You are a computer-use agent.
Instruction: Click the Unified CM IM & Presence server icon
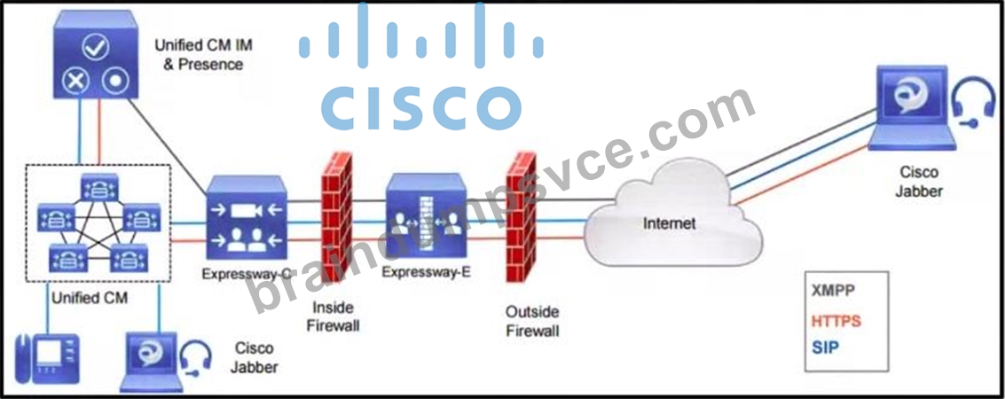[x=96, y=55]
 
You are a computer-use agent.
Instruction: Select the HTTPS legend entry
[x=836, y=319]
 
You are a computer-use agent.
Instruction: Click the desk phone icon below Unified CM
[x=47, y=358]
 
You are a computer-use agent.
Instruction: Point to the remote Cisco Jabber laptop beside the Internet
[x=912, y=108]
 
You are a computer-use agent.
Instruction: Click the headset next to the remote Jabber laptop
[x=974, y=105]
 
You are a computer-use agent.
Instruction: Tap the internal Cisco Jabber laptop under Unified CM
[x=152, y=362]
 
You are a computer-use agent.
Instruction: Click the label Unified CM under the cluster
[x=90, y=298]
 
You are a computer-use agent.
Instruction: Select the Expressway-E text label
[x=427, y=271]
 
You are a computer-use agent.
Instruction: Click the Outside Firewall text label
[x=532, y=322]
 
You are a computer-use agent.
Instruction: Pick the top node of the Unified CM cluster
[x=99, y=185]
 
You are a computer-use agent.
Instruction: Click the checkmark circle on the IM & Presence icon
[x=96, y=47]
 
